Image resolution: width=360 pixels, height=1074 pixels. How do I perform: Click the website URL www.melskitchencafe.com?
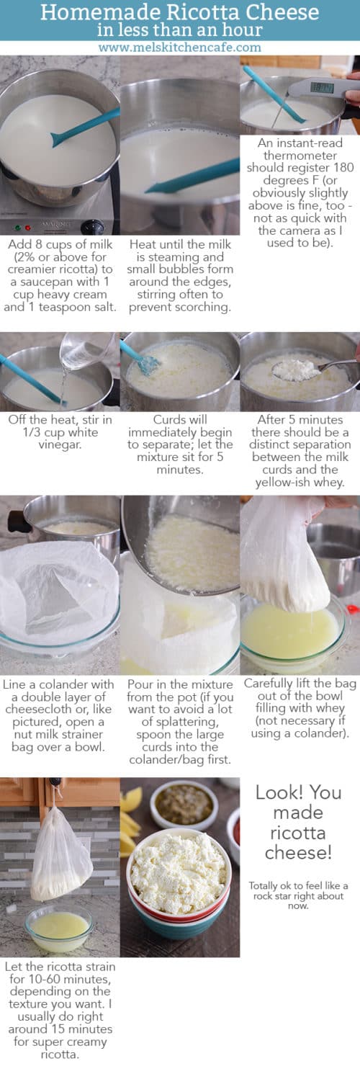[179, 48]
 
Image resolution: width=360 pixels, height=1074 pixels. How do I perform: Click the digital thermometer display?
[322, 88]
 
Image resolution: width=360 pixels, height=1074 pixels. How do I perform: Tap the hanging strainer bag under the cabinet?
[60, 862]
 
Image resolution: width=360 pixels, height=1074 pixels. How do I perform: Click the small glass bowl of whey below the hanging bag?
[58, 927]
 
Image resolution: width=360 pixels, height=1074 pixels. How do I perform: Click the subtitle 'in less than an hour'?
[179, 30]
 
